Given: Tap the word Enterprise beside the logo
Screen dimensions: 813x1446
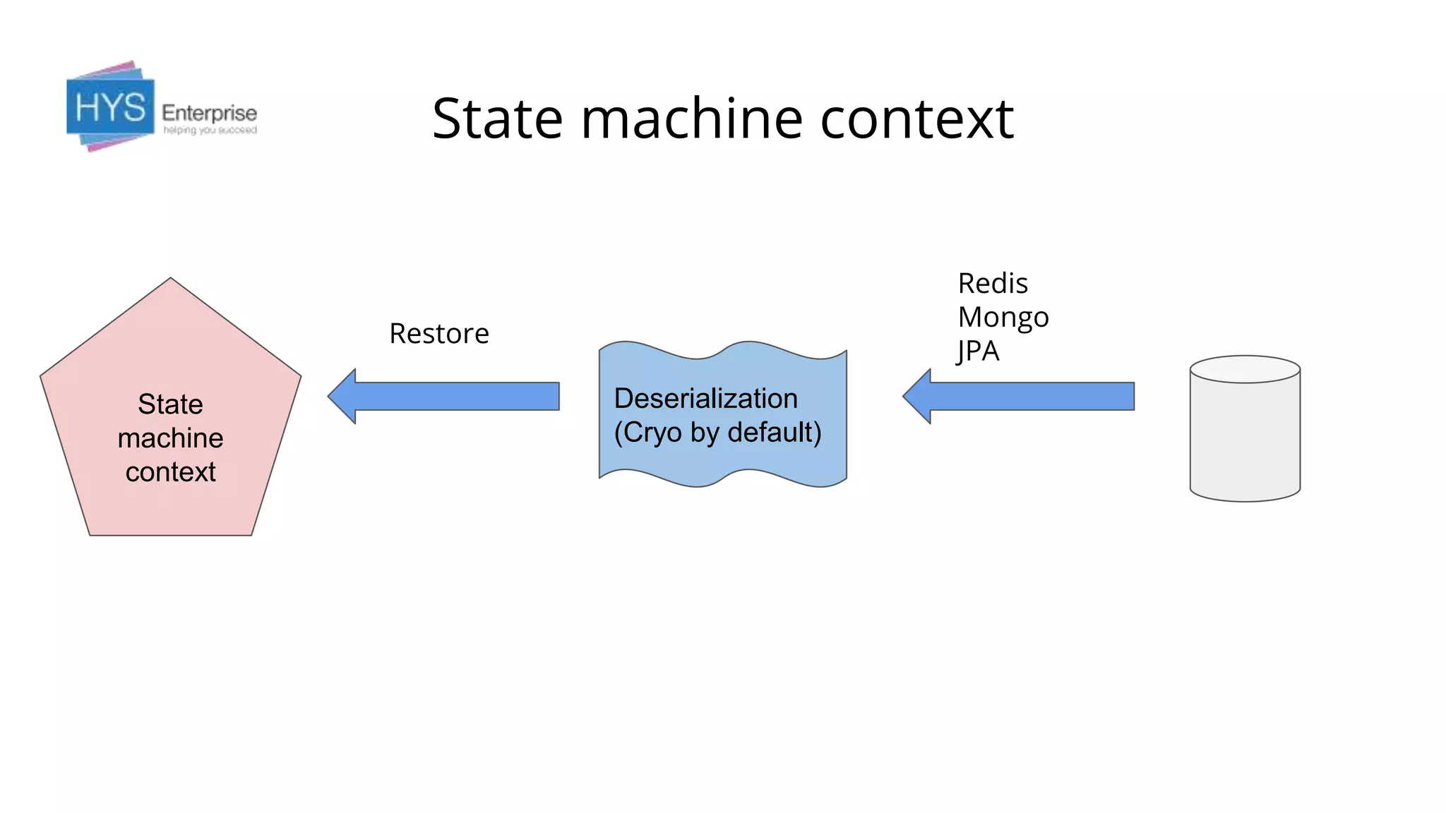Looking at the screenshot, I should click(209, 113).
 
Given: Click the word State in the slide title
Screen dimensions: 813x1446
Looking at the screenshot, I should click(497, 119).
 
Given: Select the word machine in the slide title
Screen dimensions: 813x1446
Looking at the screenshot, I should click(691, 119).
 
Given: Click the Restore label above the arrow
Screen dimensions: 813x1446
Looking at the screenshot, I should click(438, 334).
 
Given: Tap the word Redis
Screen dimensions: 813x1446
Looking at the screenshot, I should click(992, 284).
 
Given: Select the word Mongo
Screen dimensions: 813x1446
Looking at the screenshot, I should click(1003, 318).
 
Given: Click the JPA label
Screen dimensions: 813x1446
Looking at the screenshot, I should click(978, 351).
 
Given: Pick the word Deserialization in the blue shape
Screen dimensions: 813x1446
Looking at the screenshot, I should click(705, 399).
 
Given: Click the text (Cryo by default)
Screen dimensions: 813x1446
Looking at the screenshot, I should click(717, 433).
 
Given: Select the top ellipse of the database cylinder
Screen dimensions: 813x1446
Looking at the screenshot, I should click(1245, 369).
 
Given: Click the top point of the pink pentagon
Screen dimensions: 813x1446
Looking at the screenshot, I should click(170, 281).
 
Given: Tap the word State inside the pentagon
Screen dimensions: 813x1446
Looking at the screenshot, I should click(170, 404).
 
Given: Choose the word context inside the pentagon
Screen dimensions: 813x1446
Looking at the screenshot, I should click(170, 472).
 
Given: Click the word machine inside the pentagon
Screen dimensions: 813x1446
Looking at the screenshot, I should click(170, 438).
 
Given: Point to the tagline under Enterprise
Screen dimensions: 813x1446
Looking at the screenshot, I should click(210, 131).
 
